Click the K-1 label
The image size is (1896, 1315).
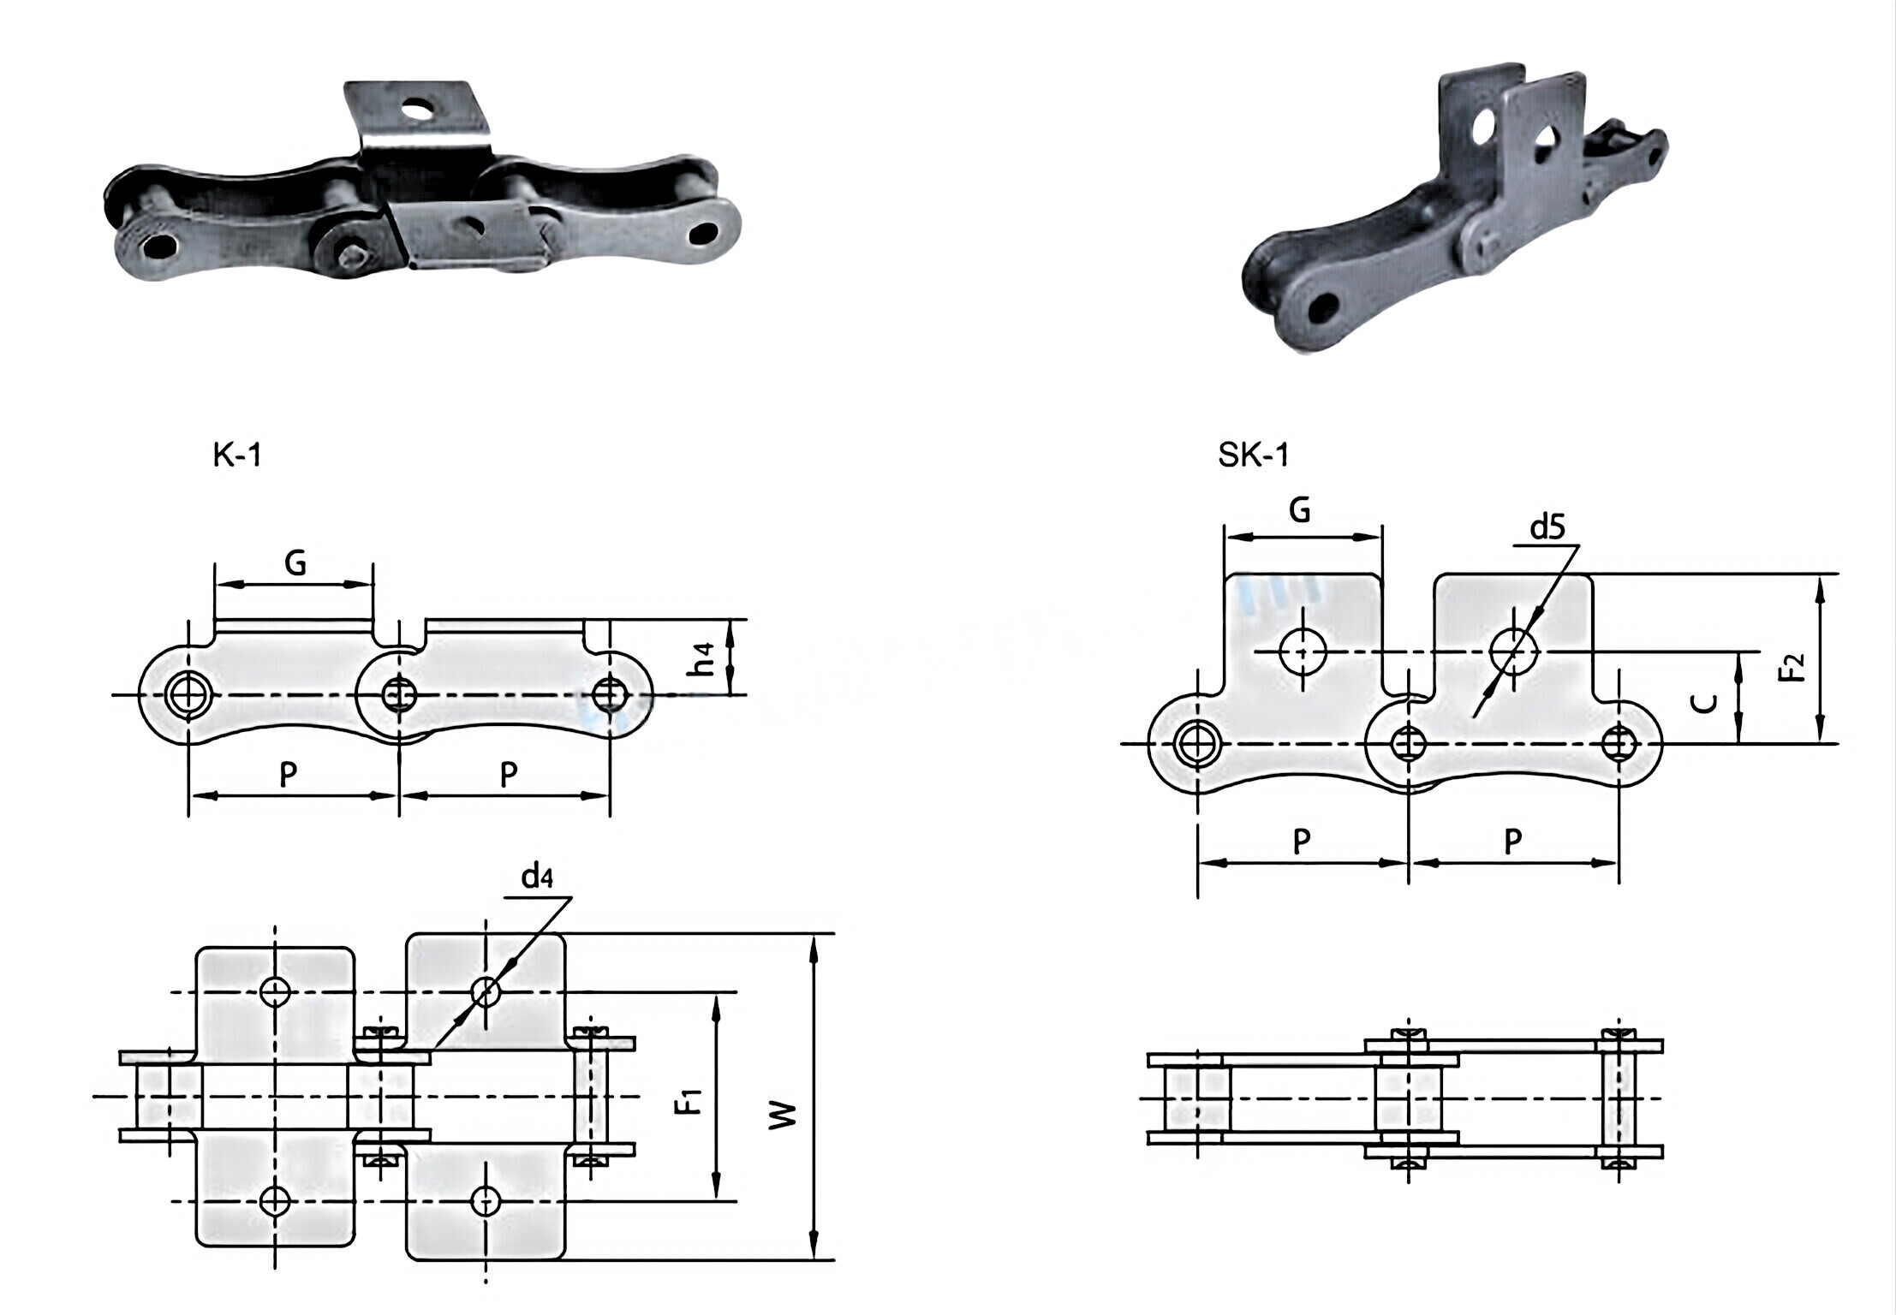(x=236, y=455)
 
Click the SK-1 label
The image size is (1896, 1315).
(x=1253, y=455)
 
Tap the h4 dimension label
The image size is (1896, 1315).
(x=704, y=657)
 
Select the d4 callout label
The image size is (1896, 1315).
(x=537, y=877)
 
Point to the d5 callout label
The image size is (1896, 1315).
(x=1547, y=528)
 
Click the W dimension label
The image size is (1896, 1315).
(x=783, y=1114)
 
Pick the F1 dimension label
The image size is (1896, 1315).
(x=689, y=1100)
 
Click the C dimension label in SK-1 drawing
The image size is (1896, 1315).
(x=1707, y=703)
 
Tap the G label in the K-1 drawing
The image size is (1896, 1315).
(x=295, y=562)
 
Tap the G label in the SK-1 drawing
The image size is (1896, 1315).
(x=1299, y=510)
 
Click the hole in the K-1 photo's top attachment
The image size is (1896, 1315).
(x=420, y=109)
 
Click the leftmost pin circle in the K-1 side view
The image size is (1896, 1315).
(x=189, y=693)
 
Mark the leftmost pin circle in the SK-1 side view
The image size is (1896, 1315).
(x=1196, y=744)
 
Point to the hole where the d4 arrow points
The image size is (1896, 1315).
(x=485, y=992)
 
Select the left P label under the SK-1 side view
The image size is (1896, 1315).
(x=1301, y=842)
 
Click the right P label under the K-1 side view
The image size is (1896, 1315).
(x=509, y=775)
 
